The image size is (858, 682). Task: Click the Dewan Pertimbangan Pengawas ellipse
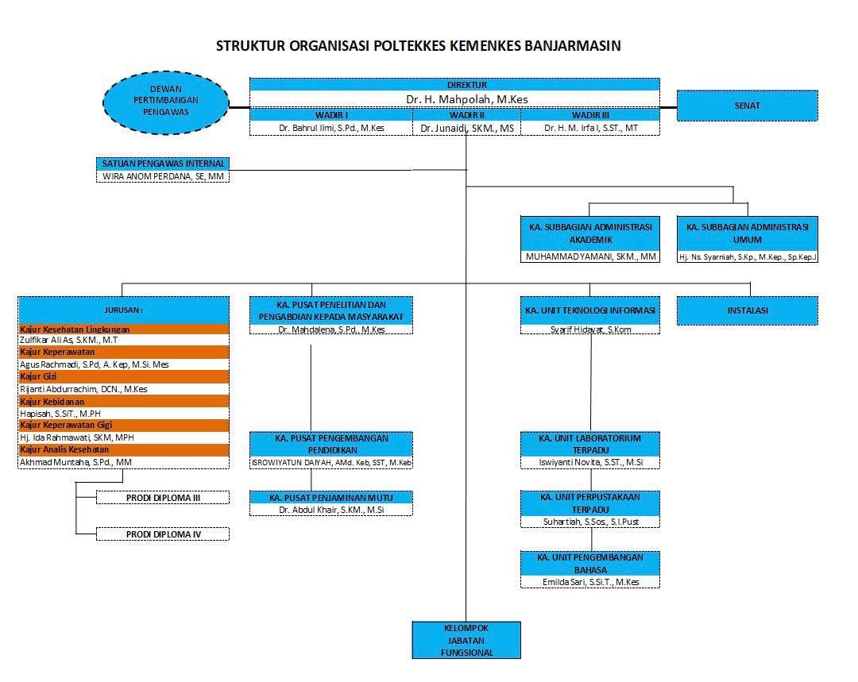click(166, 101)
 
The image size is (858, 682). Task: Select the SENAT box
click(747, 106)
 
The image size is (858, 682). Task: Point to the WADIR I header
click(331, 115)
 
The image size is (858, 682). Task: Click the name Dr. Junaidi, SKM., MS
click(466, 128)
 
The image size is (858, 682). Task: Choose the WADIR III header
click(589, 115)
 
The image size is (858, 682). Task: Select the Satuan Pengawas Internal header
click(163, 164)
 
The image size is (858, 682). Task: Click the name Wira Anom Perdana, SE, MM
click(163, 176)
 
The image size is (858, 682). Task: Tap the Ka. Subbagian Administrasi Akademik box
click(590, 233)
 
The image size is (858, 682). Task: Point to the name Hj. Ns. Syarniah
click(747, 256)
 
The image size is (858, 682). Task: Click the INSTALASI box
click(747, 310)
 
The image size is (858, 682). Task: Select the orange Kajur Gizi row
click(123, 377)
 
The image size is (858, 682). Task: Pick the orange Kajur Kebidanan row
click(123, 402)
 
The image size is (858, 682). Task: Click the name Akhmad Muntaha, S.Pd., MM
click(76, 461)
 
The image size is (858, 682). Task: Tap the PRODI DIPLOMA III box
click(163, 498)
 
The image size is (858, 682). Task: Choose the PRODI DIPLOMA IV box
click(163, 534)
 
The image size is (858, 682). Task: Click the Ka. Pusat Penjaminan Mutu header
click(331, 498)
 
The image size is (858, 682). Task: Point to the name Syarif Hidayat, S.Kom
click(590, 329)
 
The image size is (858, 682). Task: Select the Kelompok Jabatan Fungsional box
click(466, 640)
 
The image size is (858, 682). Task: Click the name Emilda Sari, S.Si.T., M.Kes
click(590, 582)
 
